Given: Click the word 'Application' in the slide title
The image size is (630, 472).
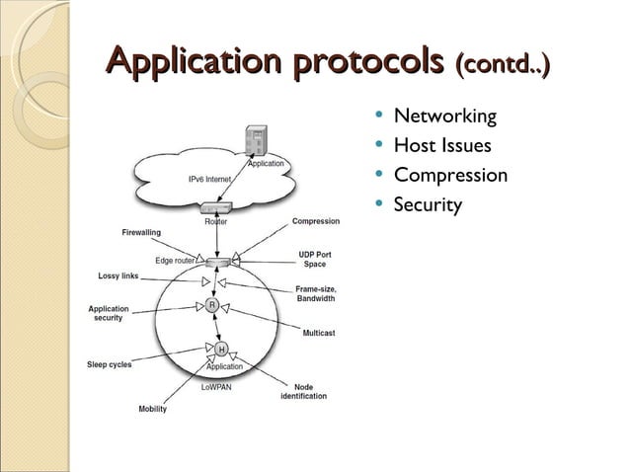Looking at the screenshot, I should coord(187,62).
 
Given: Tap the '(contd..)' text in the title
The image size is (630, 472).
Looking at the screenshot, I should coord(501,64).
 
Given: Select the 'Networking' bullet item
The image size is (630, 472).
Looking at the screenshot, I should coord(444,117).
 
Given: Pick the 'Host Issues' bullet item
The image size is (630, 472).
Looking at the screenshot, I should coord(441,146).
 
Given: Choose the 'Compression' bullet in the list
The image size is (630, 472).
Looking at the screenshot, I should coord(450,176).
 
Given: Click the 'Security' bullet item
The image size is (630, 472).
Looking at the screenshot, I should coord(428,205).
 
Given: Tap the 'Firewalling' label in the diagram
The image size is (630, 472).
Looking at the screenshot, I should coord(141,232).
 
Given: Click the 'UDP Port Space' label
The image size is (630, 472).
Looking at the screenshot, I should coord(314,260).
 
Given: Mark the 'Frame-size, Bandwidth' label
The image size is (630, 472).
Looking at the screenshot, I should coord(315,293).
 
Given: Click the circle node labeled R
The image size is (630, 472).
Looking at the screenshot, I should coord(212,306).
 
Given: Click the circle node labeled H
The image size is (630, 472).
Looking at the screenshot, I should coord(220,349).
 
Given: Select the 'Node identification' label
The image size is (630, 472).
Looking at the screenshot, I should coord(304,391).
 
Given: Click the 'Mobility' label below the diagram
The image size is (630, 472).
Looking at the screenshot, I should coord(152,409).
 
